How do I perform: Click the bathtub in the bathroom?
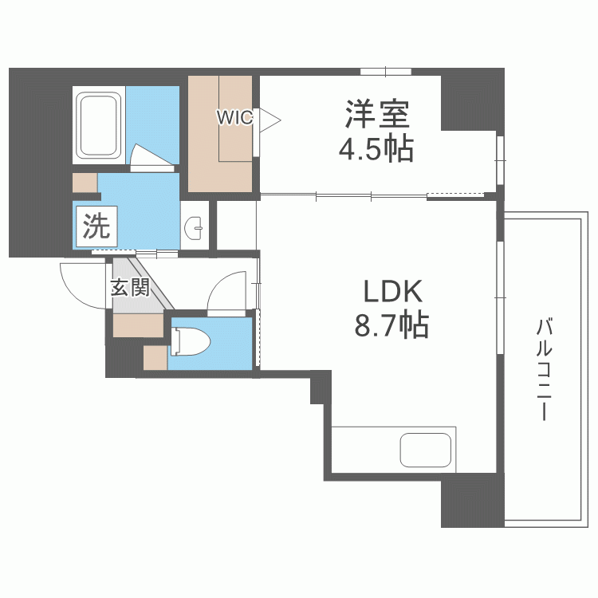point(98,124)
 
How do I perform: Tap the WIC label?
point(235,118)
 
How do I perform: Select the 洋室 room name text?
point(377,115)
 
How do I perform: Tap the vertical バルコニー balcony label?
point(545,369)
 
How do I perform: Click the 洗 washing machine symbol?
point(96,227)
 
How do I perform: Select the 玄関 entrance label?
point(129,288)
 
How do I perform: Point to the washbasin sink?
point(195,228)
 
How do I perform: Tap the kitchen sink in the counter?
point(426,450)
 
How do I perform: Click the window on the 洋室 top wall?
point(386,72)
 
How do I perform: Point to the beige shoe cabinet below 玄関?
point(137,325)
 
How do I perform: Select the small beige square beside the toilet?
point(155,358)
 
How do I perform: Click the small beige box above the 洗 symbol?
point(85,182)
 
